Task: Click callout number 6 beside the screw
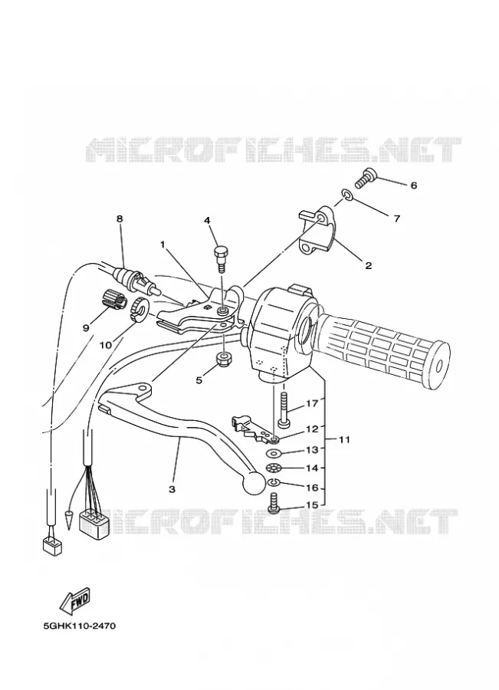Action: [414, 186]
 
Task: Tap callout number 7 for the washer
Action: [397, 219]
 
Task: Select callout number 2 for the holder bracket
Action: [368, 265]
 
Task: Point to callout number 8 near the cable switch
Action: [120, 219]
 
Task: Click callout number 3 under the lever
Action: [172, 489]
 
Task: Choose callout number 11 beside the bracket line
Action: [345, 439]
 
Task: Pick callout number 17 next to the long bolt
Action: [311, 403]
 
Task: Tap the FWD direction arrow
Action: [75, 600]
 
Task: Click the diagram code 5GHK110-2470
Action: [80, 626]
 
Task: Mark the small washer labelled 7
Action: [346, 195]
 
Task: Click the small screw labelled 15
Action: [273, 502]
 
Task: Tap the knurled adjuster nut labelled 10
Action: [140, 308]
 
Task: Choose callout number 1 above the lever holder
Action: [163, 245]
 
